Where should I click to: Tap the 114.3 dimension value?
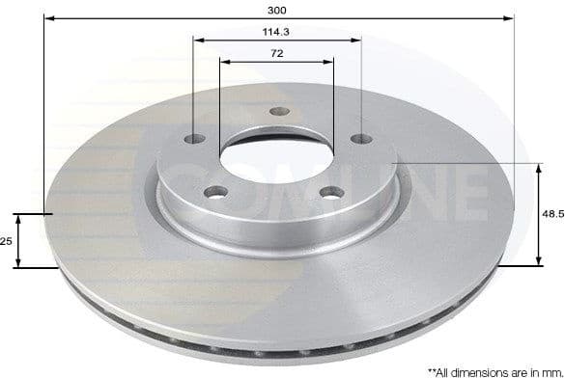(278, 32)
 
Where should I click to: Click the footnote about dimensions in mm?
(496, 370)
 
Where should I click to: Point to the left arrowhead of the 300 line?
(47, 18)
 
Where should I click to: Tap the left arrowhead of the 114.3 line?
(197, 40)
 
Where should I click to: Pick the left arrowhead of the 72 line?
(224, 62)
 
